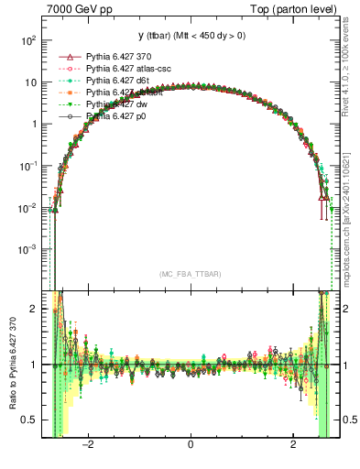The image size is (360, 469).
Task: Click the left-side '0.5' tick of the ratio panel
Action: tap(30, 420)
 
